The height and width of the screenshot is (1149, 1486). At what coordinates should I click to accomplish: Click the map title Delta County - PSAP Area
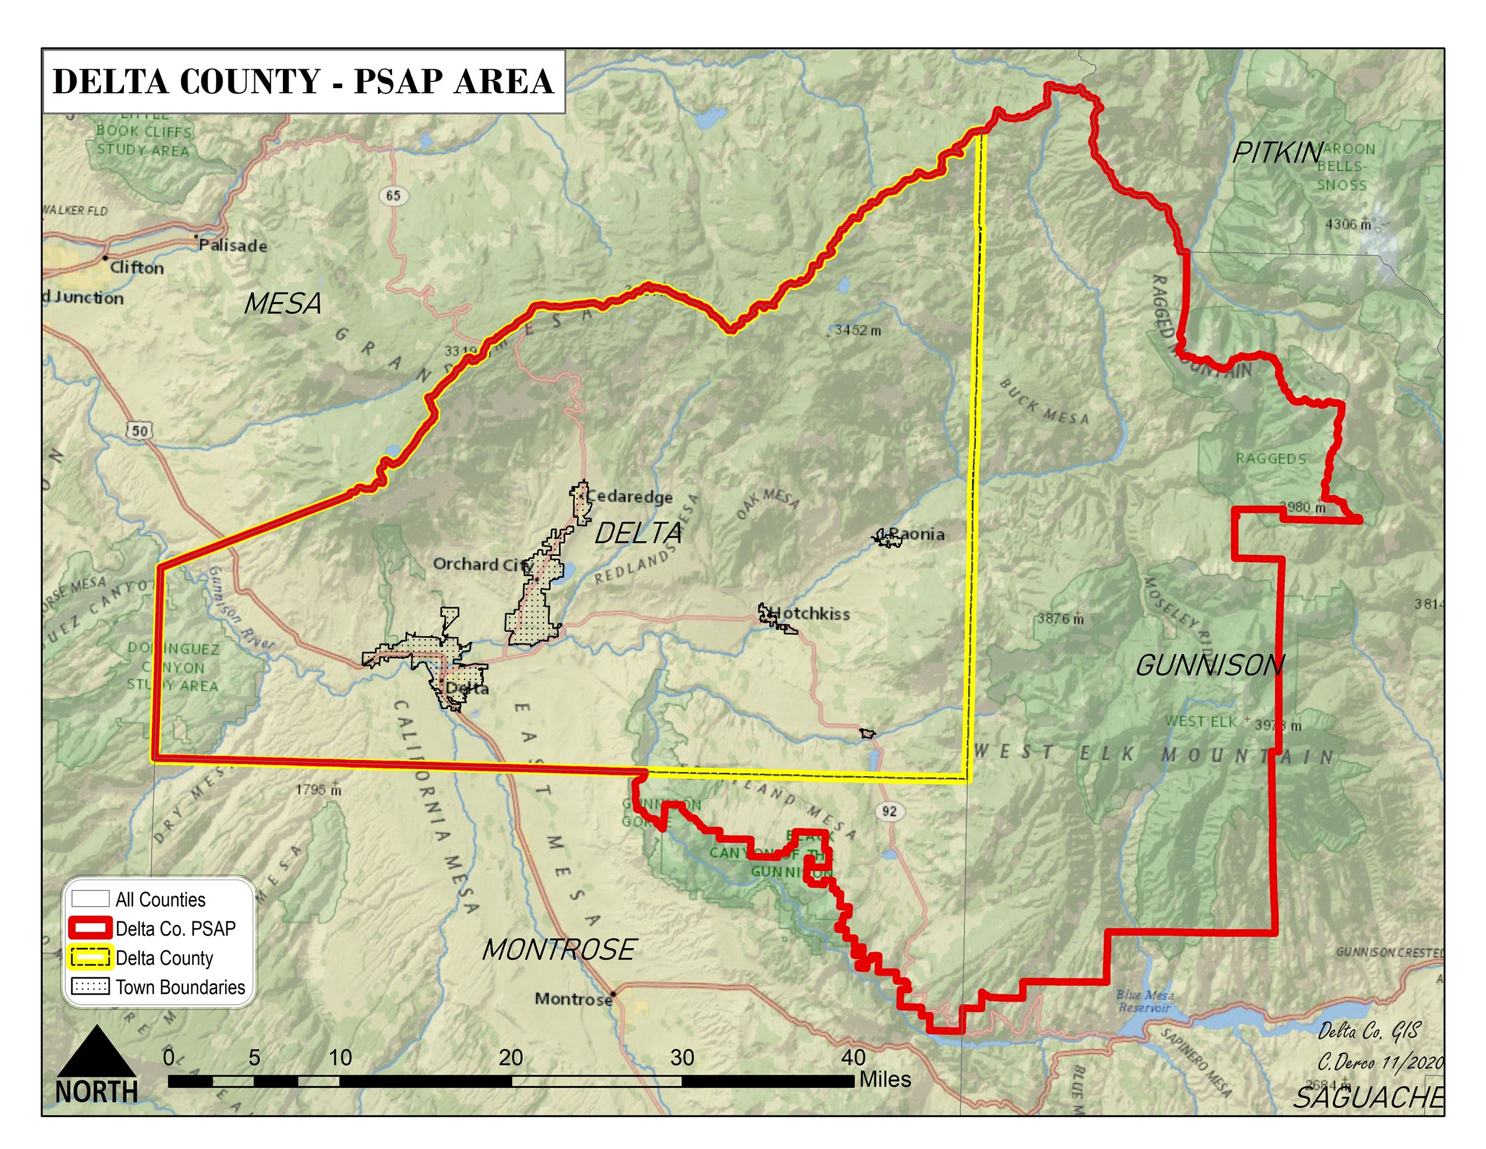(303, 81)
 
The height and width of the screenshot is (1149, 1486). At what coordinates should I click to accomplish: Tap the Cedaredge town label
(629, 496)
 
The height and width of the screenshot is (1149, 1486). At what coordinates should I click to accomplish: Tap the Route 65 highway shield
(393, 196)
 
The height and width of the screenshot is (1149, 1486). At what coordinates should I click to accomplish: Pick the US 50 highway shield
(139, 430)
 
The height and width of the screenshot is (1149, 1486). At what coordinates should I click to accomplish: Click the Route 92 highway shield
(889, 810)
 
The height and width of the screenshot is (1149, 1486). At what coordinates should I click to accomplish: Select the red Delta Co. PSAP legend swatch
(90, 928)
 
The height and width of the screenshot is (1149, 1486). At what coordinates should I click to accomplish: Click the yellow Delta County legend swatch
(90, 958)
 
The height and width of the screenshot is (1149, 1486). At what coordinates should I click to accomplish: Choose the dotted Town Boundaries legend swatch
(90, 987)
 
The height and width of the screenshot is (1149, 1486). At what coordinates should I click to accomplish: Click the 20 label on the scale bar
(511, 1057)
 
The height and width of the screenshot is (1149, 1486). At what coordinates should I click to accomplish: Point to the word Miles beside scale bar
(885, 1080)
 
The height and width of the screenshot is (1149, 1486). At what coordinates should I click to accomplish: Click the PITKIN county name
(1276, 153)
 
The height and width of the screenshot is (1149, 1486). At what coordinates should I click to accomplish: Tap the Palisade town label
(233, 246)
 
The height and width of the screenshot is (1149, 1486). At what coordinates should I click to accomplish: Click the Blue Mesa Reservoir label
(1144, 1001)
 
